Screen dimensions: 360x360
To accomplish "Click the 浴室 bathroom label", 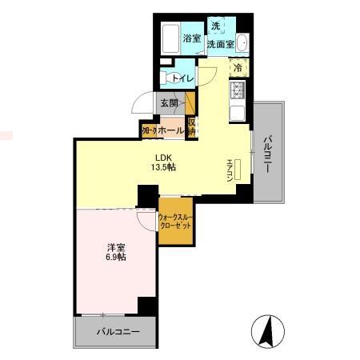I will pos(190,38).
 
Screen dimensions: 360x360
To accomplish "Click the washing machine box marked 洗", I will pos(214,25).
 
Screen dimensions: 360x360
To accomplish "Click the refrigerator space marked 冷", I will pos(238,67).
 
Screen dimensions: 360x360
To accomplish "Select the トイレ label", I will pos(182,78).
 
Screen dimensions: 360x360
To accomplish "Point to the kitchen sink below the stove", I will pos(238,111).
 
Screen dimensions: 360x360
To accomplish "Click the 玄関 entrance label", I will pos(168,102).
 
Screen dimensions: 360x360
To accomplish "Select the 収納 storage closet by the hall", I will pos(192,127).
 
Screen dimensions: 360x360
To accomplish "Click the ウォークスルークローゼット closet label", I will pos(174,222).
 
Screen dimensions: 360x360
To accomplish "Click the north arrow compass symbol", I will pos(267,329).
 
